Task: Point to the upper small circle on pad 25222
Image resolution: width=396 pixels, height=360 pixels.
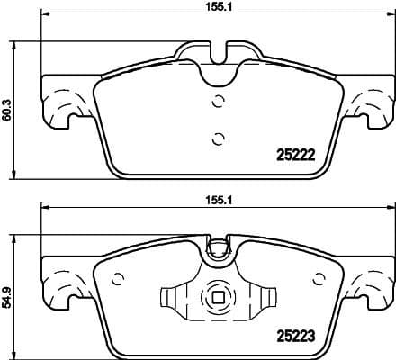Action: [x=216, y=102]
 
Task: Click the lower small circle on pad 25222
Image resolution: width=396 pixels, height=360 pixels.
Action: [x=216, y=138]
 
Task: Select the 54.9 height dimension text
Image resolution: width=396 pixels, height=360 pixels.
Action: [x=8, y=296]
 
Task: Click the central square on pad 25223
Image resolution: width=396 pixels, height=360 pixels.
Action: [x=216, y=298]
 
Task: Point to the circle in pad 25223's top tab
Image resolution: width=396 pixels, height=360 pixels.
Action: [x=216, y=248]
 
